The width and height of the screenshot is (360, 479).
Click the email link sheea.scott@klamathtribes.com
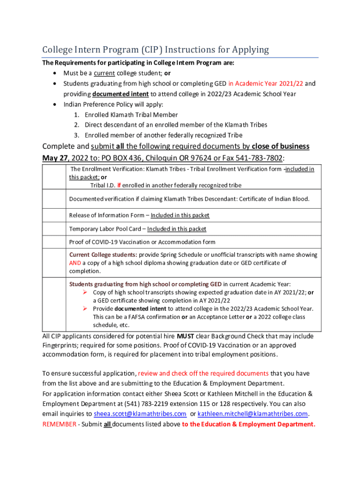click(140, 414)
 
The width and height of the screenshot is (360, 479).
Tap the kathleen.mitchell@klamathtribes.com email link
click(253, 414)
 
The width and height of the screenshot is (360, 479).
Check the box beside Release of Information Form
click(54, 215)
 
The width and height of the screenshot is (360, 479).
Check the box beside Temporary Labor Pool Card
click(54, 229)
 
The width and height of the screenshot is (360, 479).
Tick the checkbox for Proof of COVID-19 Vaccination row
click(54, 242)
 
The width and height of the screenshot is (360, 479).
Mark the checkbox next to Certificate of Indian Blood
click(54, 199)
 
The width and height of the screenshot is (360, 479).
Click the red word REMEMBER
click(58, 424)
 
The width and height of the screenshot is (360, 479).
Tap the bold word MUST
click(185, 336)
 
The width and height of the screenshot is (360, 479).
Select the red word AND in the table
click(75, 263)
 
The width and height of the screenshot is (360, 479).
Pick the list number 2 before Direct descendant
click(76, 125)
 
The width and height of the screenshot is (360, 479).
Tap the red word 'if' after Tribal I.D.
click(119, 185)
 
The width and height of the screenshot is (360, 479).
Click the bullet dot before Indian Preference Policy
click(56, 104)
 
